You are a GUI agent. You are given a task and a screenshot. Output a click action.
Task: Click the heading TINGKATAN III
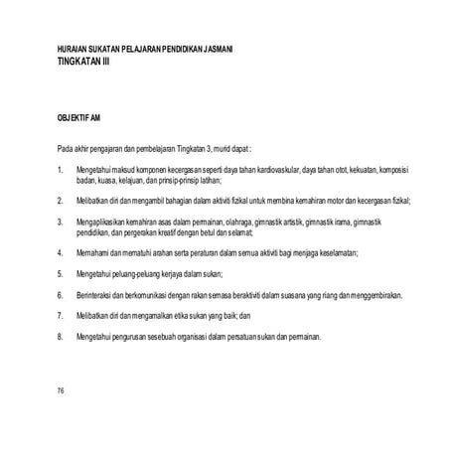[x=86, y=61]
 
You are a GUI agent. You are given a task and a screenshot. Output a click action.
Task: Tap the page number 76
[x=62, y=390]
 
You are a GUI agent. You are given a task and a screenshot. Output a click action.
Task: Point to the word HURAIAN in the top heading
[x=74, y=50]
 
